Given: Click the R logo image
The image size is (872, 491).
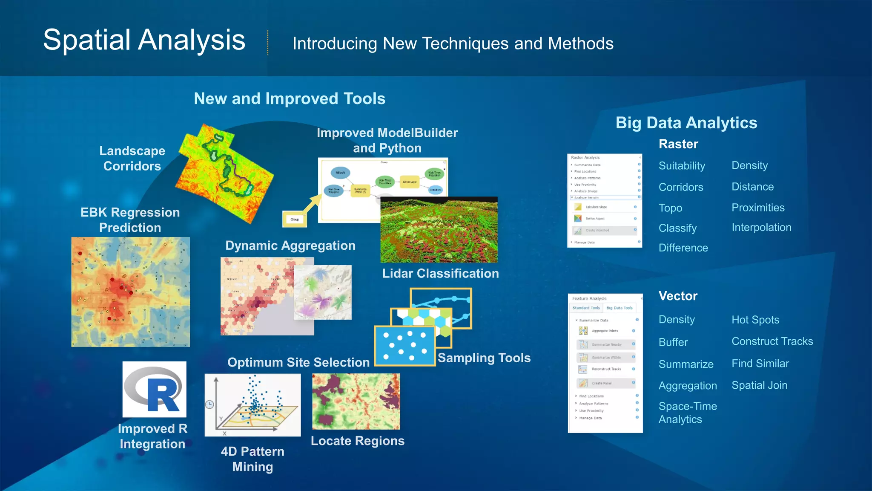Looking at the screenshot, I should pos(155,390).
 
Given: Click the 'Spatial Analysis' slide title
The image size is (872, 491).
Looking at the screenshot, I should pos(144,40).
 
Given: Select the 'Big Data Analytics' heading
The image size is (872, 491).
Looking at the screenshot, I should pos(686,123).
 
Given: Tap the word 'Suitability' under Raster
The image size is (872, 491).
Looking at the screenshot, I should pos(682,166).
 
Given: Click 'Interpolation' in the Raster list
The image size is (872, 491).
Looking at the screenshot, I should pos(761,228).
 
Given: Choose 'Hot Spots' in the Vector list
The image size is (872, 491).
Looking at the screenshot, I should pos(755,320).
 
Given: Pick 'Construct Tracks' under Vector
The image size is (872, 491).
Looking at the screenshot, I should pos(772,341).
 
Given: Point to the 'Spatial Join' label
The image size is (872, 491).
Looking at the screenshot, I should pos(759,385).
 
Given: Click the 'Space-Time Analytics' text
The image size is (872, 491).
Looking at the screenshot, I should pos(687,413).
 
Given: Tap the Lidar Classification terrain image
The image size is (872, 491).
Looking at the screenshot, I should pos(439,230).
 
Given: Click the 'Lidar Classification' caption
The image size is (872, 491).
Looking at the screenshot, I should pos(440,274).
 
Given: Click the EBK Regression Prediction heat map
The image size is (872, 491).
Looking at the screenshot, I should pos(130,292).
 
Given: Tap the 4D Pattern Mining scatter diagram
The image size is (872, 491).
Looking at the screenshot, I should pos(252,405).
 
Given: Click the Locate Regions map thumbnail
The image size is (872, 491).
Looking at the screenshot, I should pos(356,401).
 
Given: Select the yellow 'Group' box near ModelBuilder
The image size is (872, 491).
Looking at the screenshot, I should pos(295,220).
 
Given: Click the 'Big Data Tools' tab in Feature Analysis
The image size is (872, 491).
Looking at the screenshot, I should pos(619,308).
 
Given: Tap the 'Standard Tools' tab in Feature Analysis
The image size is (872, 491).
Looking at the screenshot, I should pos(586,308).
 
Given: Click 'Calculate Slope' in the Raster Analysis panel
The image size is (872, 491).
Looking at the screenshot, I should pos(596,207).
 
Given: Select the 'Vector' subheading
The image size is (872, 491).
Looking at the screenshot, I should pos(678,296).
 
